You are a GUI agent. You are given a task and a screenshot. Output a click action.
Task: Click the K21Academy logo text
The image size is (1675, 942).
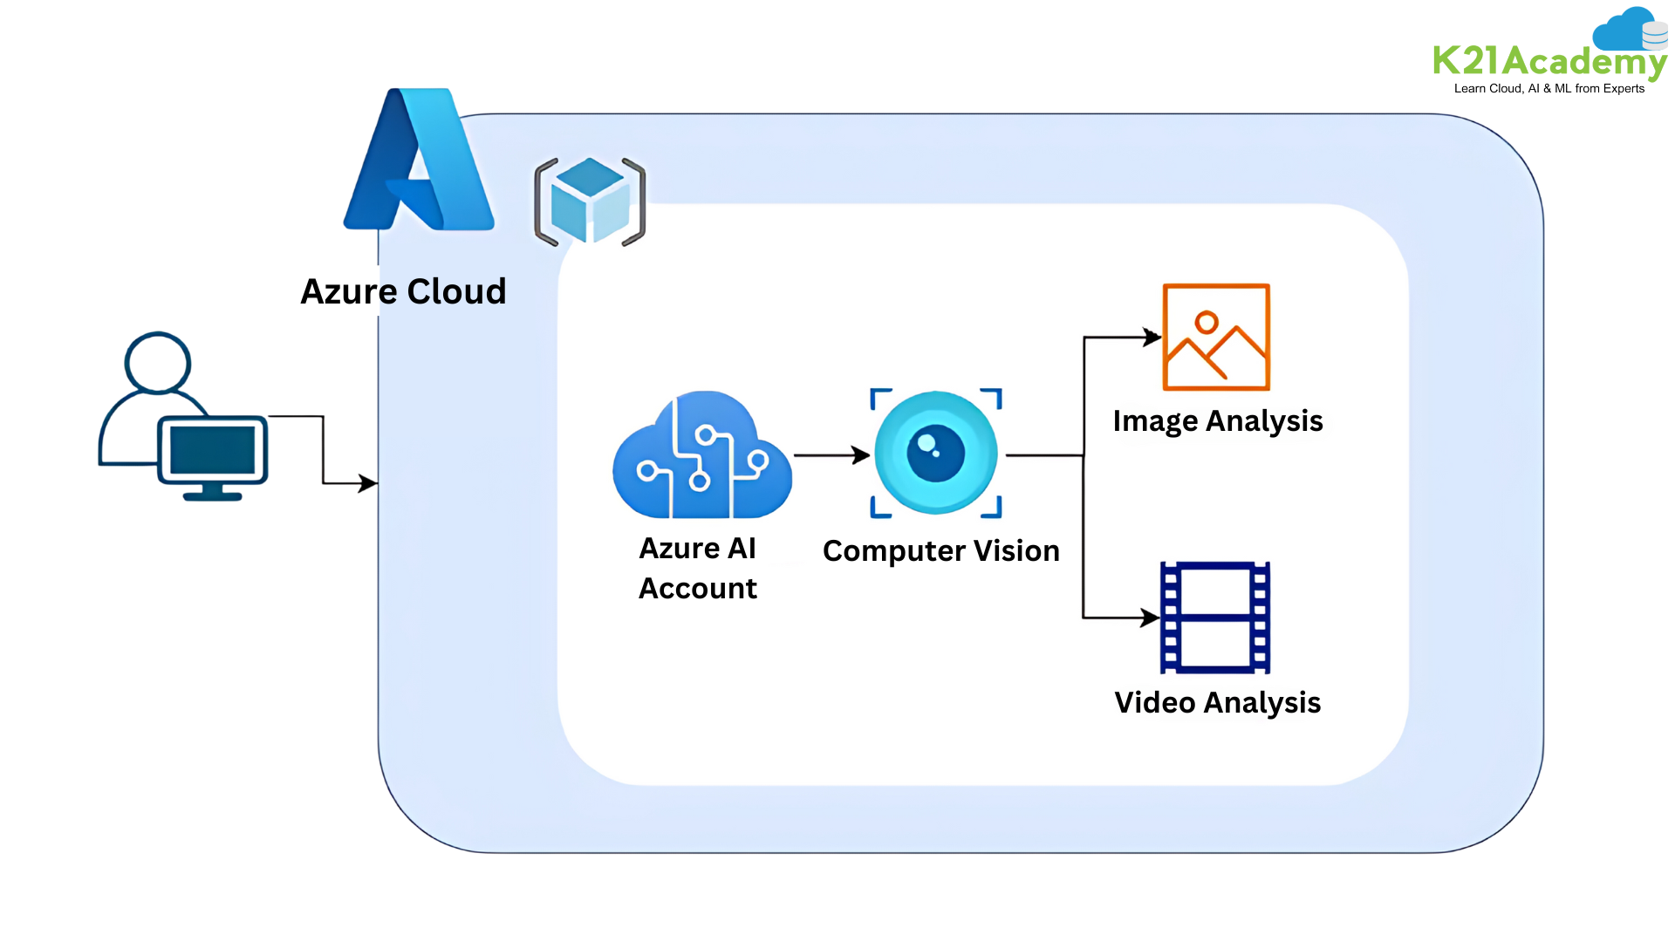tap(1549, 62)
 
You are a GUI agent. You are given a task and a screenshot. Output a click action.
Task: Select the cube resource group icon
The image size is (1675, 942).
tap(590, 201)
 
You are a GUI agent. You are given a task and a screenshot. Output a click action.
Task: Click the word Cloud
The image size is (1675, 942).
tap(456, 291)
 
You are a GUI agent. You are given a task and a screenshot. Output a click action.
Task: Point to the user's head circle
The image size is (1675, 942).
tap(157, 360)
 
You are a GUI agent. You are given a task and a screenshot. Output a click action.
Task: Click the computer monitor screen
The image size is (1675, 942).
tap(213, 450)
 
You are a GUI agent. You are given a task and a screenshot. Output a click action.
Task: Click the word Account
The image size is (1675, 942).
tap(698, 589)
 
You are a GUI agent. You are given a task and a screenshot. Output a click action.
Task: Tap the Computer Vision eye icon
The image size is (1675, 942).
tap(936, 454)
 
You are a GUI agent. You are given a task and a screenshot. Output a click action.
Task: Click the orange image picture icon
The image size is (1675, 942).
tap(1216, 337)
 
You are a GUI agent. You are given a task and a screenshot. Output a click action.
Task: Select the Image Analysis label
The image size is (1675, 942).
tap(1218, 421)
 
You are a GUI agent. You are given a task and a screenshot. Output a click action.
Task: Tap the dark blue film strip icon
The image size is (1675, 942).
tap(1214, 618)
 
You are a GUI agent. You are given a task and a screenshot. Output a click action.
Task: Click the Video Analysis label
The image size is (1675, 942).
tap(1218, 703)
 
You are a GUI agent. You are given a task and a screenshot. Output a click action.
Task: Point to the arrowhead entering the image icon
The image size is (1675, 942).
tap(1153, 337)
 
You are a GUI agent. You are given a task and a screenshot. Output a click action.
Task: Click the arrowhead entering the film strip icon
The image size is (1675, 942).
tap(1152, 618)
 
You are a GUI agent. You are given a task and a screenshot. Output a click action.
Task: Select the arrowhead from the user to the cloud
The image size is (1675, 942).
tap(368, 482)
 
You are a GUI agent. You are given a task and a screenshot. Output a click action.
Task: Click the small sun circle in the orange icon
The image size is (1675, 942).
tap(1207, 323)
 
